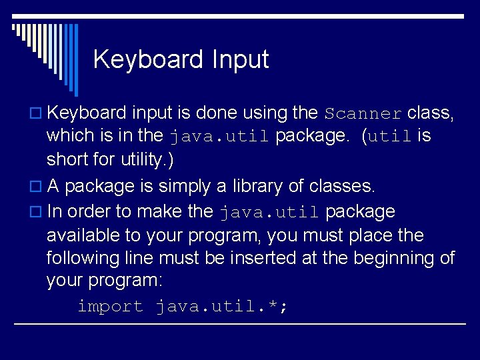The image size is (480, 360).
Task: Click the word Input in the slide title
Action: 241,59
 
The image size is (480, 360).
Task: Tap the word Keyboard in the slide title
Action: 148,59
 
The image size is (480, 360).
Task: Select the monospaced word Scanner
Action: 363,113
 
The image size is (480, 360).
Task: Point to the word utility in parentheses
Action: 134,161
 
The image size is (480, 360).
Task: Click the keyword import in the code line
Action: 110,307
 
